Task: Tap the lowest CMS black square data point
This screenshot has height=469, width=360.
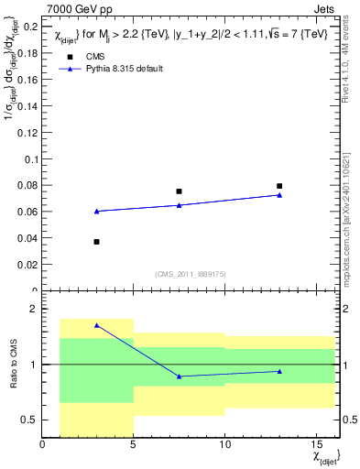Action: coord(96,242)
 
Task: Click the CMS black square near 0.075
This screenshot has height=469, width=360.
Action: coord(179,191)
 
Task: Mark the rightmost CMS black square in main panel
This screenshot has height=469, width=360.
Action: coord(279,186)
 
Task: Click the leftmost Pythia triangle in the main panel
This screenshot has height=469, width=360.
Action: coord(96,211)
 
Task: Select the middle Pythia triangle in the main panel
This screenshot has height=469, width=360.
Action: coord(179,205)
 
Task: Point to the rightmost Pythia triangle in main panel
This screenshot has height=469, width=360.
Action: coord(279,194)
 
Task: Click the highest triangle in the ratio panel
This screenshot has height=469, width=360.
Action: coord(96,325)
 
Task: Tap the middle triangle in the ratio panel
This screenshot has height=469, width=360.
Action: coord(179,376)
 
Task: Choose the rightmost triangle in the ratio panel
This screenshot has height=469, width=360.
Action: coord(279,371)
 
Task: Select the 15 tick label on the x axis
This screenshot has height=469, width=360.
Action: coord(316,446)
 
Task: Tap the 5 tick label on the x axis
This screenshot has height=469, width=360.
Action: coord(133,446)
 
